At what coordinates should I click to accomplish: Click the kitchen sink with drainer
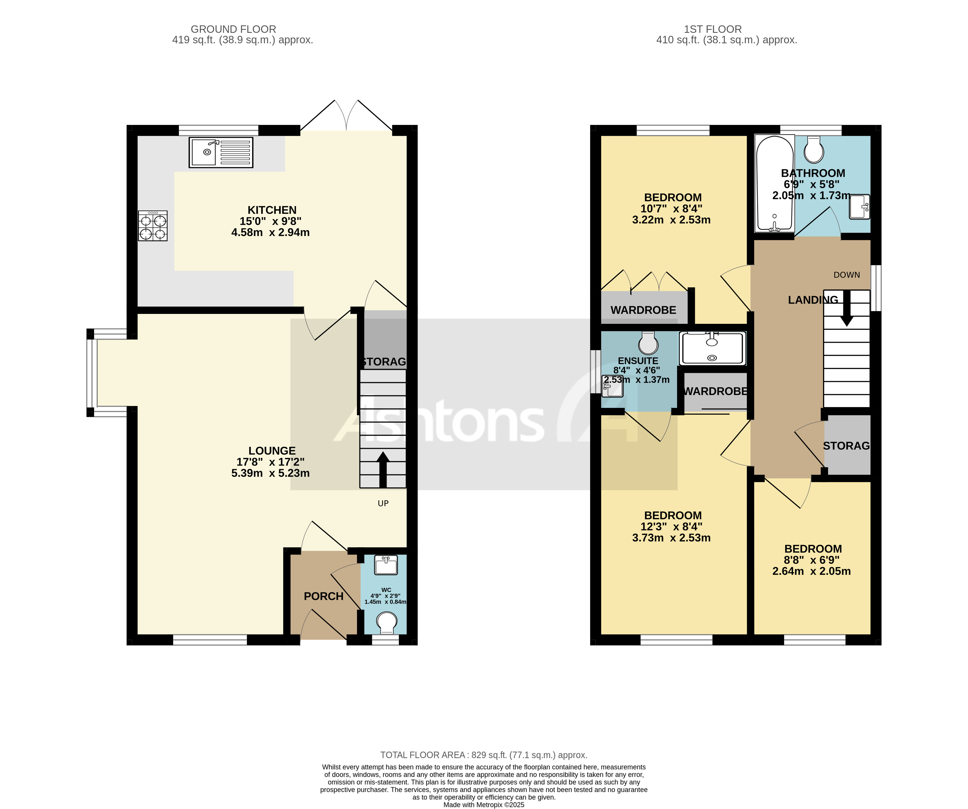pos(221,152)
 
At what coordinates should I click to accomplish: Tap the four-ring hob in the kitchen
pos(153,226)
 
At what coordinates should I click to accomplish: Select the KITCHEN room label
pos(272,210)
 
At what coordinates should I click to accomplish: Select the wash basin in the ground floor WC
pos(386,565)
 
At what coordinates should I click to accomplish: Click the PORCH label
pos(323,596)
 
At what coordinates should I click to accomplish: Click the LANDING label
pos(813,300)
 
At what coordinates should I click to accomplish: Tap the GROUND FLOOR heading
pos(233,29)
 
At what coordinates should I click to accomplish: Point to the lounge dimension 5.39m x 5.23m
pos(270,473)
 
